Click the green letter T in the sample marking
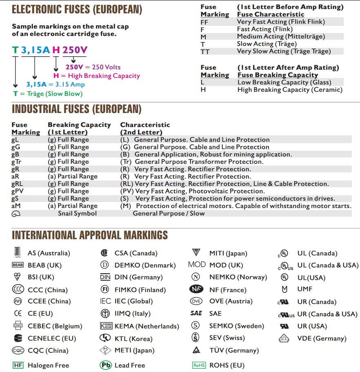(x=15, y=50)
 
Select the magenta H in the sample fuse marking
(x=56, y=50)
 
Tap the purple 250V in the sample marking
(x=75, y=50)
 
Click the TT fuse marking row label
(x=205, y=51)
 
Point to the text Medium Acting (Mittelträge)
(x=281, y=37)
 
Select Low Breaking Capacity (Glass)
(x=284, y=82)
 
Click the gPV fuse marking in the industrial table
(x=18, y=191)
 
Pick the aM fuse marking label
(x=16, y=206)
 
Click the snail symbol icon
(x=16, y=213)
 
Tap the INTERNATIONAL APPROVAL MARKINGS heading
(x=90, y=235)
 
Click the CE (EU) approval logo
(x=18, y=313)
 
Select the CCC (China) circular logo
(x=18, y=290)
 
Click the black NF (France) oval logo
(x=196, y=289)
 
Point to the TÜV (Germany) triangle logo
(x=196, y=350)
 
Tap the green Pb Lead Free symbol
(x=105, y=365)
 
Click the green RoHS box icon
(x=199, y=365)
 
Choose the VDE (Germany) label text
(x=322, y=338)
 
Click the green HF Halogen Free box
(x=18, y=365)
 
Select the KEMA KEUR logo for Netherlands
(x=106, y=326)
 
